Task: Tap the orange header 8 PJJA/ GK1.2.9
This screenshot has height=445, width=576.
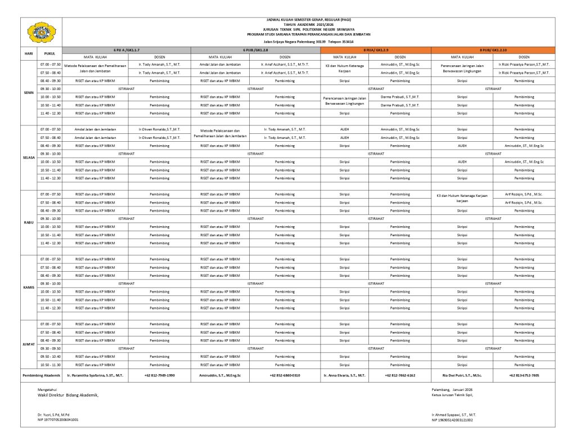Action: pos(375,50)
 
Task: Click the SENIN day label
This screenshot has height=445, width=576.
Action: pos(29,93)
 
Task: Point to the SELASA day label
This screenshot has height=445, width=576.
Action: pos(29,158)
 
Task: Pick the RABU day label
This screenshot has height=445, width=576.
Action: pos(29,223)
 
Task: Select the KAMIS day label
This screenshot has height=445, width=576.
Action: pos(29,287)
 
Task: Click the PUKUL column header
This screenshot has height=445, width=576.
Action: pos(50,53)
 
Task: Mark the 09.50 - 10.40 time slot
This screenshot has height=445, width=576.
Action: pos(50,357)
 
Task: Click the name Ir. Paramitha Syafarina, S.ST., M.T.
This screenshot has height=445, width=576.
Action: pos(95,375)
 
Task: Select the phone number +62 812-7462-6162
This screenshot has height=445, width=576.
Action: pos(400,375)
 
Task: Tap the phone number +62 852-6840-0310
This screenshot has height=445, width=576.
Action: pos(285,375)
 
